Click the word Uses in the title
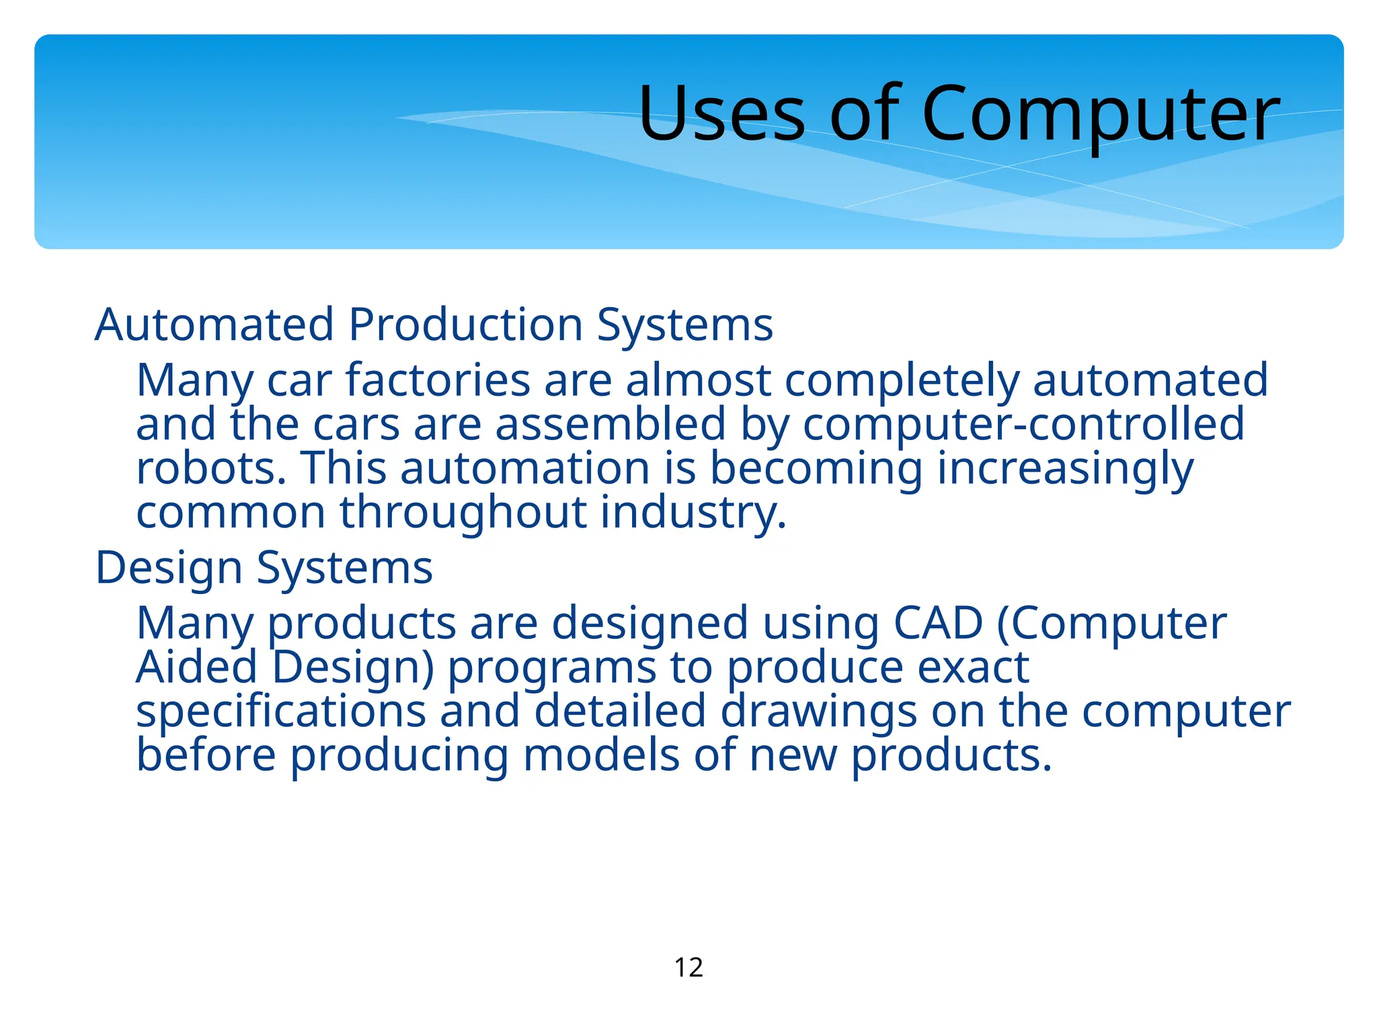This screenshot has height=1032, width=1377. tap(721, 113)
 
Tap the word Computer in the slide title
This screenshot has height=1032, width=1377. tap(1100, 113)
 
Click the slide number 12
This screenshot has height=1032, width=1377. tap(688, 967)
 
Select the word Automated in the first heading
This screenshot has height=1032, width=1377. tap(214, 325)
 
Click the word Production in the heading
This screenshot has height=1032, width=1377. tap(465, 325)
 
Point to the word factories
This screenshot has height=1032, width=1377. tap(438, 380)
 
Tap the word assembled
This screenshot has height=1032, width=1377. tap(611, 425)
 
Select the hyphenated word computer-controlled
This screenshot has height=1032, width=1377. tap(1023, 425)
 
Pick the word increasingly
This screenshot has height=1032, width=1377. tap(1065, 470)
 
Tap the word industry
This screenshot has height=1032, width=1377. tap(693, 513)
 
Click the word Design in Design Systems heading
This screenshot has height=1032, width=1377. tap(169, 568)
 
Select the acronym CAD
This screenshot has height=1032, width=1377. tap(938, 623)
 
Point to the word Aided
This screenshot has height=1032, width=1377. tap(197, 667)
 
